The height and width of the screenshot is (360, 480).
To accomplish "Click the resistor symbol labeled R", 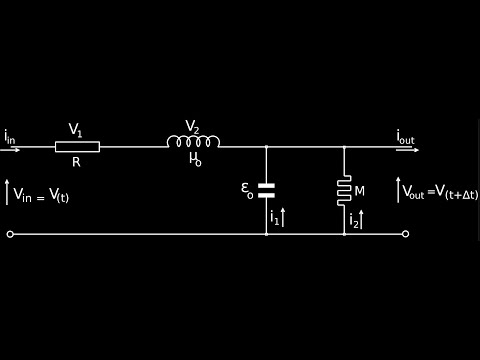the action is pos(77,147).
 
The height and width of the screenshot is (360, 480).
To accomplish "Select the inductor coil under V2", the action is pos(193,142).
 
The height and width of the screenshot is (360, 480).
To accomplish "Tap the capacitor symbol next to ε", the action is pos(266,190).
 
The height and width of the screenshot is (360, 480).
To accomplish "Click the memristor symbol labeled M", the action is pos(344,190).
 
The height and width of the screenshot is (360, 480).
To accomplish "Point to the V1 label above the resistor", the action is pos(75,130).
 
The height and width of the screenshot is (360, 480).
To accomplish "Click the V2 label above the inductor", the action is pos(192,127).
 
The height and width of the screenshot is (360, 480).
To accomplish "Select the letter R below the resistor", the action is pos(76,162).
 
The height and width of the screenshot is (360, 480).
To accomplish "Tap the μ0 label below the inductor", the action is pos(195,158).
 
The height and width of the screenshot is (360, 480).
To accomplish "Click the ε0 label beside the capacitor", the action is pos(247,188).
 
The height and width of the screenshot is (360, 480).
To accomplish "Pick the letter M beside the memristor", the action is pos(359,191).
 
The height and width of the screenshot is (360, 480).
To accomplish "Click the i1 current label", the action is pos(274,217).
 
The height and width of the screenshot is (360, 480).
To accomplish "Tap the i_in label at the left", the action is pos(9,136).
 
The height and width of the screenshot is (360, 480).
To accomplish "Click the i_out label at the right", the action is pos(405,136).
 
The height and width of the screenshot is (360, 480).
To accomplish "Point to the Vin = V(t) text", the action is pos(41,195).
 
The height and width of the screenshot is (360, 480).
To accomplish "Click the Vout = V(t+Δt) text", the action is pos(440,192).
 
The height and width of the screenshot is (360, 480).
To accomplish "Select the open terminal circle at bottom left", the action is pos(10,234).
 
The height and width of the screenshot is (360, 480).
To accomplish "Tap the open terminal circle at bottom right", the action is pos(405,234).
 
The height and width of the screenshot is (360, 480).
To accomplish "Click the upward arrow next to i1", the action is pos(283,217).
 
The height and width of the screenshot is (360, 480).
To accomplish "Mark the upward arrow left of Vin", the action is pos(7,192).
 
